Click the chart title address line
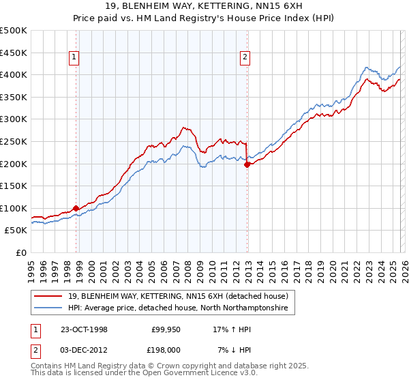(x=204, y=6)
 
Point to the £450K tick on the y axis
(x=14, y=53)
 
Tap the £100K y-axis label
(x=14, y=208)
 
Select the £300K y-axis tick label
(x=14, y=119)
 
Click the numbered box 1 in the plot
(x=74, y=58)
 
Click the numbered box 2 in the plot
(x=244, y=58)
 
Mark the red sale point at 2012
(x=247, y=164)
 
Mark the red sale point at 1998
(x=76, y=208)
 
